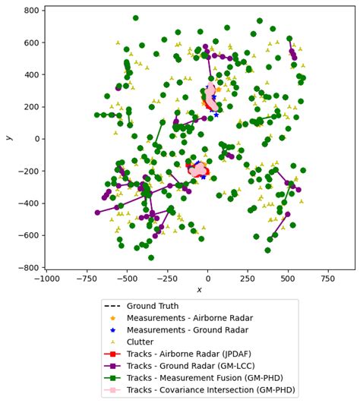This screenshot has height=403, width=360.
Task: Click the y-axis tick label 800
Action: pos(31,11)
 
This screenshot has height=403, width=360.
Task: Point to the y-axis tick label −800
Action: pos(29,267)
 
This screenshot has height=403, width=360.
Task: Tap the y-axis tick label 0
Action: pos(37,139)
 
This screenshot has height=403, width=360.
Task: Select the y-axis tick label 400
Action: pos(31,74)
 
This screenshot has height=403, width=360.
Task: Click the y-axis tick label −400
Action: pos(29,203)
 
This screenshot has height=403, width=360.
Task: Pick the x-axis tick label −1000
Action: pos(47,279)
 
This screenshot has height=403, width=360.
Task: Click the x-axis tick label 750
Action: pos(327,279)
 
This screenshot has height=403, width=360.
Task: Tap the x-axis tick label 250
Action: pos(247,279)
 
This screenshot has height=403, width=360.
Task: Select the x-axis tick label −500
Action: pos(127,279)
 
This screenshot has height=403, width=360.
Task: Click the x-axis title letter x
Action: pos(199,290)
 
